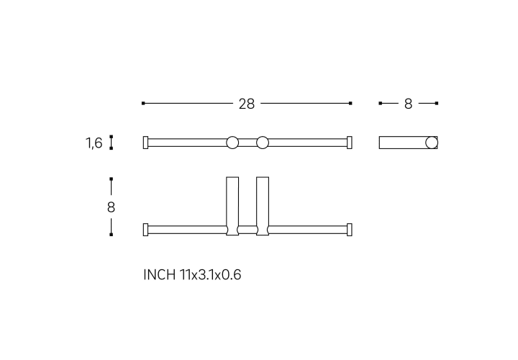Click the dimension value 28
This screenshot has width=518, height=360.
[247, 104]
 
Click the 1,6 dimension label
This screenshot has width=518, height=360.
[94, 143]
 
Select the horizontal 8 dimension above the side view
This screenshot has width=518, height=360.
[409, 104]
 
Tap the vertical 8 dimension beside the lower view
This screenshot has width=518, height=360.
[111, 207]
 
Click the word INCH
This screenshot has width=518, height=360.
[159, 275]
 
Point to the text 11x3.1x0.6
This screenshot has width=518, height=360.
[210, 275]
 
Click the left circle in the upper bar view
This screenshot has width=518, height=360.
[232, 143]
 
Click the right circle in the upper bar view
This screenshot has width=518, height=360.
[263, 143]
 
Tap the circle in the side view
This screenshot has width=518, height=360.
[432, 143]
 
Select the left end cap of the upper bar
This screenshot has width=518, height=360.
[145, 143]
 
